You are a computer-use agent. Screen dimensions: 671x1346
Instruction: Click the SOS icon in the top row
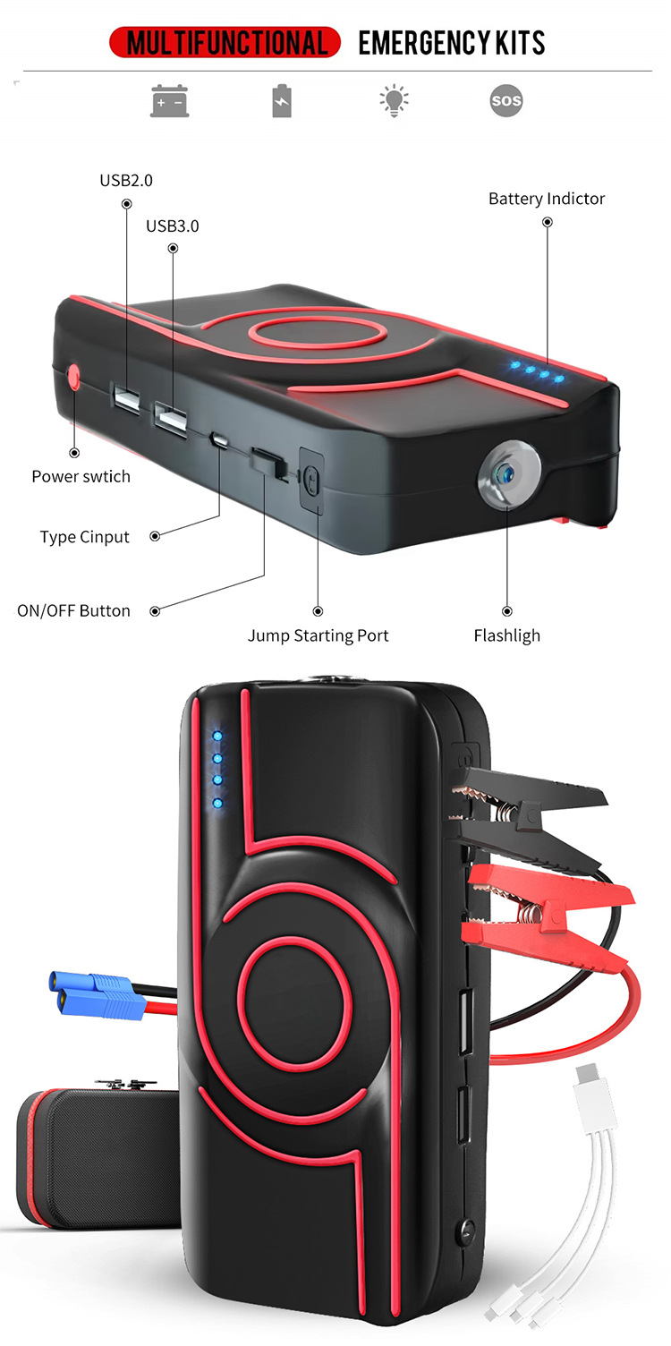[x=505, y=100]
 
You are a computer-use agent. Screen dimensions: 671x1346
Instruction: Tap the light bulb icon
[x=394, y=100]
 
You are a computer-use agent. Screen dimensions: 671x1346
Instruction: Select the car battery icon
[x=169, y=101]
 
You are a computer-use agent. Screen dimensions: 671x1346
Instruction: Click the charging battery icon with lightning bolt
[x=282, y=100]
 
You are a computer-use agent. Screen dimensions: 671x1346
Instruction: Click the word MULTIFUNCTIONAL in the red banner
[x=225, y=42]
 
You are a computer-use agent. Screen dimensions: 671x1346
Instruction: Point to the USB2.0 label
[x=126, y=180]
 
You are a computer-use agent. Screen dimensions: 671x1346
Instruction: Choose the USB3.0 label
[x=173, y=226]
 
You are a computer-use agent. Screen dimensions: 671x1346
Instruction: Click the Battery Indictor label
[x=547, y=199]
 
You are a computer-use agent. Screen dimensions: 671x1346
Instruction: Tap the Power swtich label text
[x=81, y=476]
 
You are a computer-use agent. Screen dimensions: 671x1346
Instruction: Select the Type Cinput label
[x=84, y=537]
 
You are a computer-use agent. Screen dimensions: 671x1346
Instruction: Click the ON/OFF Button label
[x=73, y=611]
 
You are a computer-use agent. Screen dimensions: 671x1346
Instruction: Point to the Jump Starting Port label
[x=318, y=636]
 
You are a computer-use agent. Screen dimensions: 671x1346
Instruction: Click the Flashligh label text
[x=506, y=636]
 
